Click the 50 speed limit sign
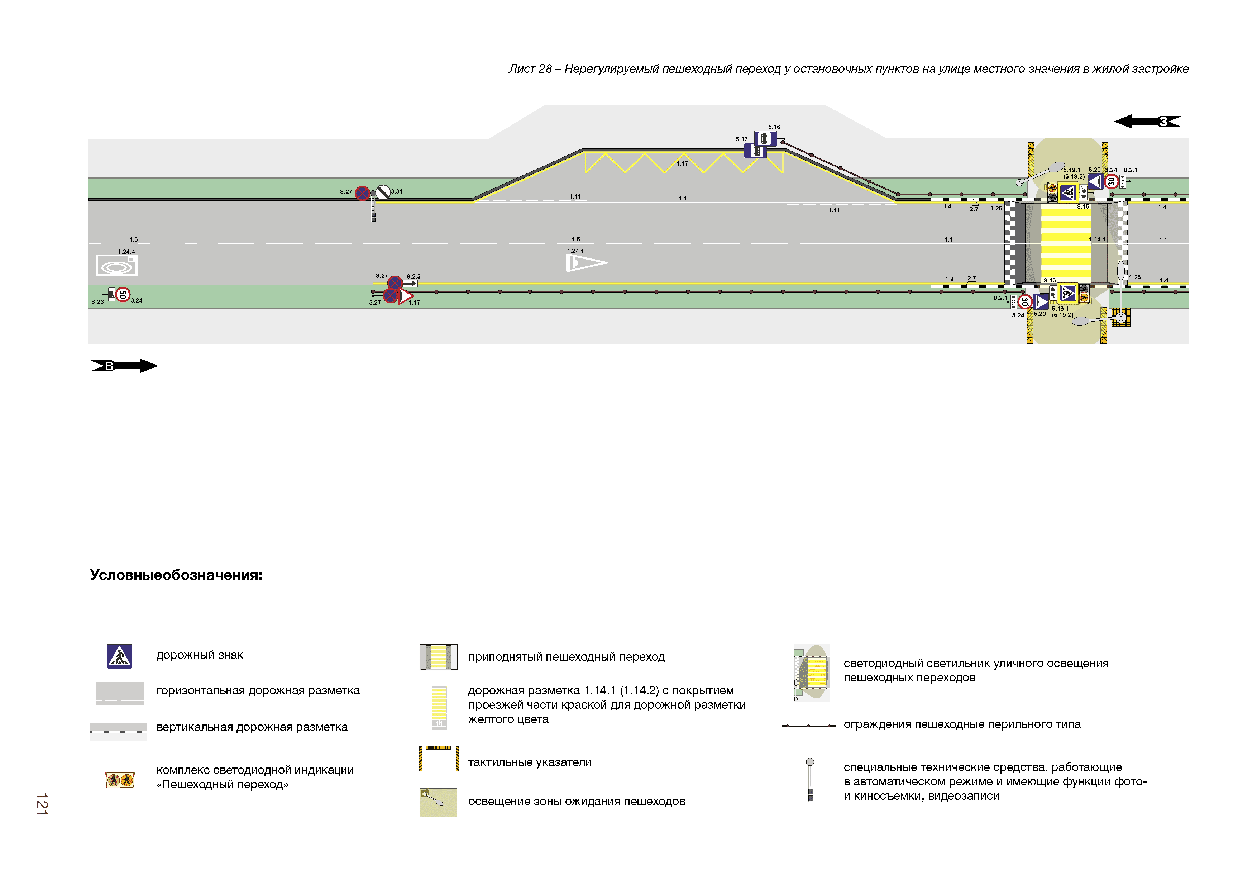coord(123,295)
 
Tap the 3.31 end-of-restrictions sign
coord(383,192)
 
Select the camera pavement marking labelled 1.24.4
coord(116,266)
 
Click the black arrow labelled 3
coord(1147,121)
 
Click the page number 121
coord(42,804)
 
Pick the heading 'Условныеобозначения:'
coord(176,575)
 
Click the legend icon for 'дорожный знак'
coord(119,656)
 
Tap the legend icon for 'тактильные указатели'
coord(439,759)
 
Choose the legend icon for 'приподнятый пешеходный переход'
coord(439,657)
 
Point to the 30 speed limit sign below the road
coord(1024,301)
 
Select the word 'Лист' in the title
coord(521,69)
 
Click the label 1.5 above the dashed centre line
coord(134,239)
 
